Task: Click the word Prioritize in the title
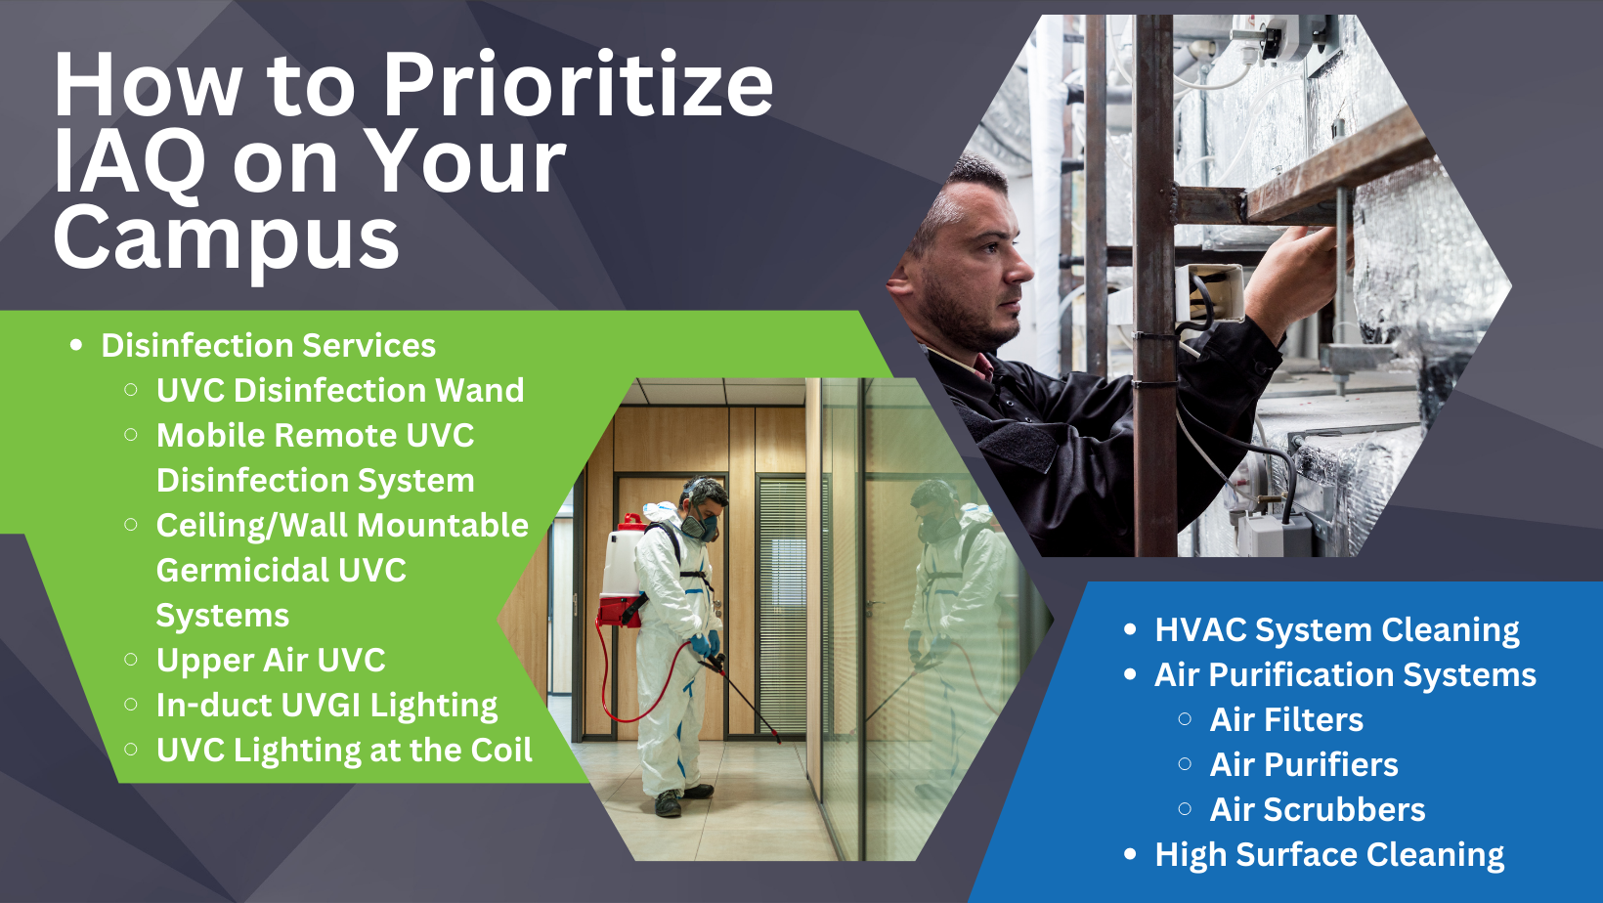579,85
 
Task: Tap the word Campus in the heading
226,238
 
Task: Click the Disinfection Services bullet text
269,346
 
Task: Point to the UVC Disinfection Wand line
340,391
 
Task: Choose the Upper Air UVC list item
271,661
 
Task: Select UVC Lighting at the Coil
344,751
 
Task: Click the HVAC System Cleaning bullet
1337,630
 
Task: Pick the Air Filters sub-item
1286,720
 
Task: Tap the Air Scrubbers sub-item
1318,810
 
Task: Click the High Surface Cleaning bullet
1329,855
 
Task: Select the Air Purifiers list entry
1304,765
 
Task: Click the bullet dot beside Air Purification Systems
1131,674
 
